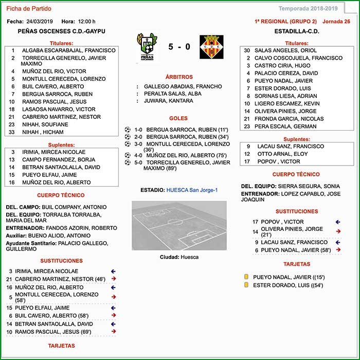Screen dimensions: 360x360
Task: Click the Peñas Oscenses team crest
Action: (147, 47)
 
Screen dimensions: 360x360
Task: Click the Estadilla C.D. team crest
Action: (211, 47)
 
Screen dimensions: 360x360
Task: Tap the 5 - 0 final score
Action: (179, 47)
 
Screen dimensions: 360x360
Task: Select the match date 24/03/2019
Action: (40, 22)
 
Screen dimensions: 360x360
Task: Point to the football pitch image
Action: (179, 225)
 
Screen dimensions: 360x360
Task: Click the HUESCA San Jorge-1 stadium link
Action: (192, 190)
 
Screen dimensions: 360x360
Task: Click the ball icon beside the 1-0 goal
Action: (128, 130)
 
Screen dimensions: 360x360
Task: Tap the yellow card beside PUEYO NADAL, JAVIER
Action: (246, 277)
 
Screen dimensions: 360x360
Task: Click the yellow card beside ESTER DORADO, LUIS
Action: (246, 285)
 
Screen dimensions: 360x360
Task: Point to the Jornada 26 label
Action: (336, 22)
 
